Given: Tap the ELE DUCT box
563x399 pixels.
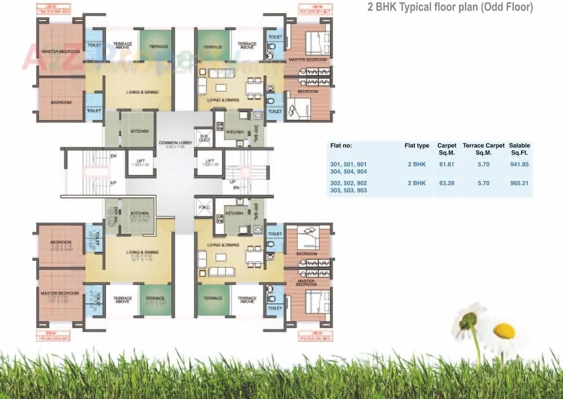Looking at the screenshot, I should [x=205, y=138].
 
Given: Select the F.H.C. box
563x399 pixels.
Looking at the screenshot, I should [x=204, y=207].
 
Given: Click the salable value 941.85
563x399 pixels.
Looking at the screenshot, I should [x=519, y=164].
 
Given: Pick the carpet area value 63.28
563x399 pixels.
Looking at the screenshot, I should [x=446, y=183].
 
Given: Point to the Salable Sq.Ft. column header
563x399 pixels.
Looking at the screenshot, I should [x=519, y=149].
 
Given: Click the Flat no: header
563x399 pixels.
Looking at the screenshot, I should [x=341, y=145].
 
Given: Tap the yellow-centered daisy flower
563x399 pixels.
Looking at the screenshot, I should [x=504, y=331].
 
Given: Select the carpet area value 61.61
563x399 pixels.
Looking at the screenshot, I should [x=446, y=164].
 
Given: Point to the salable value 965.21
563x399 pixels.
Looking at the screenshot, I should [x=519, y=183].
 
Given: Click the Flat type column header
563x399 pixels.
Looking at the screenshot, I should [x=417, y=145].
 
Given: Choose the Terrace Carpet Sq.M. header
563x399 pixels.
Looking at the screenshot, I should [x=483, y=149].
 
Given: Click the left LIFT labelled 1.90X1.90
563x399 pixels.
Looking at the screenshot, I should [x=140, y=163].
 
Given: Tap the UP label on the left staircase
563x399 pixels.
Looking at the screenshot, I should [x=113, y=182].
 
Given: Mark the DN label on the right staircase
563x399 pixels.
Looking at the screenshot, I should [x=237, y=188].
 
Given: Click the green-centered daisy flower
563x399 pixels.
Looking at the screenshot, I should [x=468, y=320].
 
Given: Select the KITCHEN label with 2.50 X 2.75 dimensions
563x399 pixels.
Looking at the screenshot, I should [x=139, y=215].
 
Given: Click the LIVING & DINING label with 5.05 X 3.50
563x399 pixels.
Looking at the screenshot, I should [x=142, y=255].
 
